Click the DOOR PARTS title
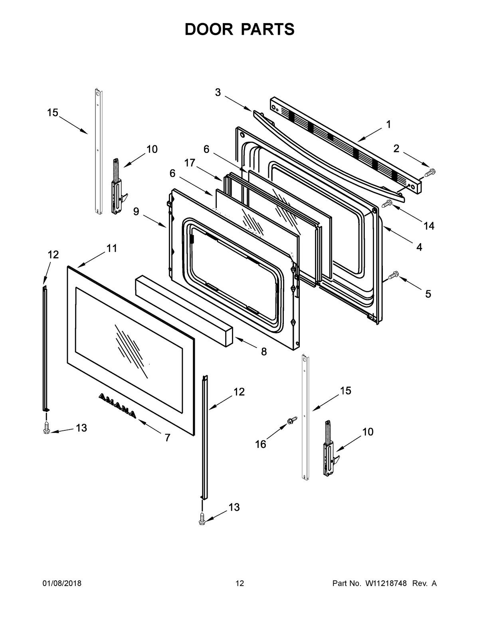239,30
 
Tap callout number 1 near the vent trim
388,125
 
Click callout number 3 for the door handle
218,92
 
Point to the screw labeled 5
393,275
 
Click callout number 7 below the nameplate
168,438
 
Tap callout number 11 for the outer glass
112,248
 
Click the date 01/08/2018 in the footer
62,584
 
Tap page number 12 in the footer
239,584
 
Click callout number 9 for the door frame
136,212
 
